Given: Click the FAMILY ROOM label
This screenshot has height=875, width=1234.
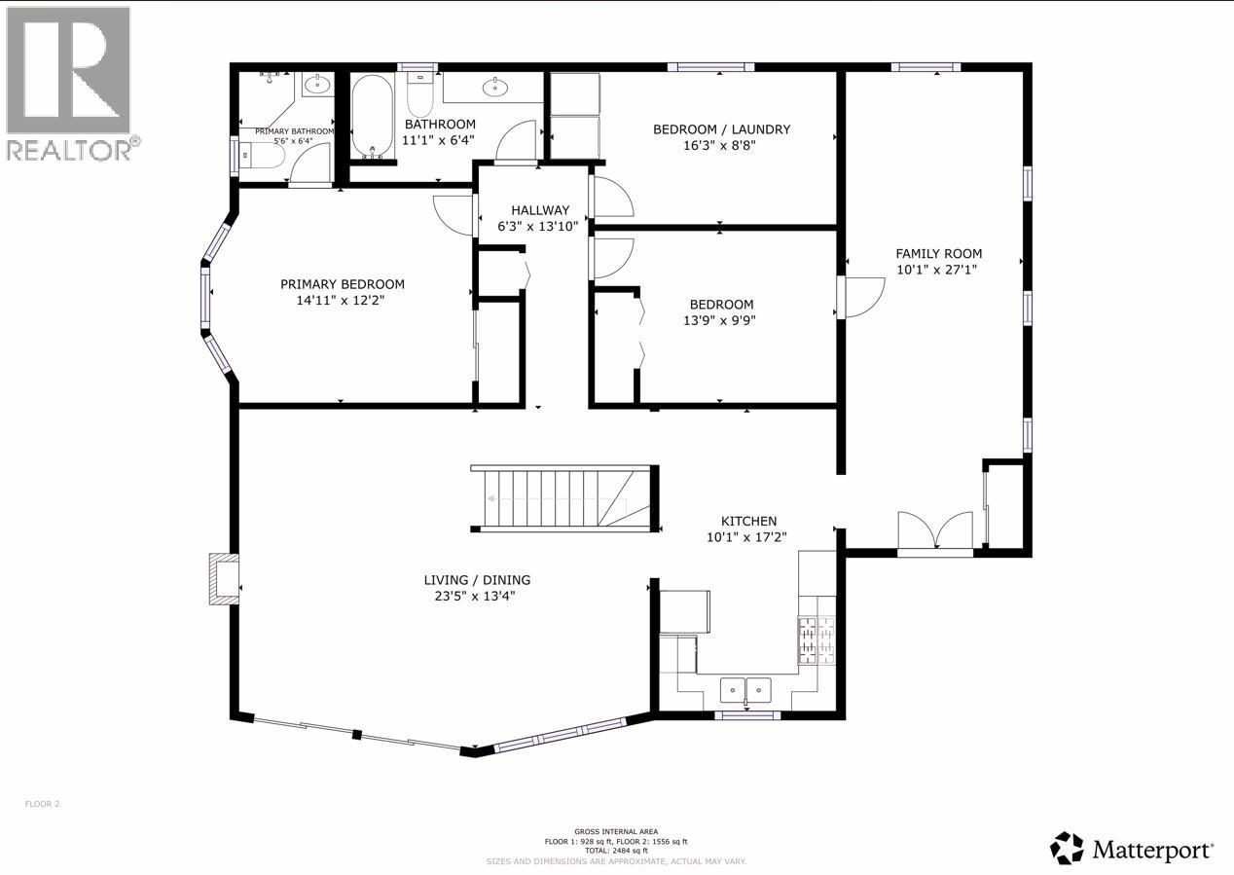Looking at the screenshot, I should tap(938, 254).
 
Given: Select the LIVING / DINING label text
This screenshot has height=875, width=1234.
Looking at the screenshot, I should tap(477, 580).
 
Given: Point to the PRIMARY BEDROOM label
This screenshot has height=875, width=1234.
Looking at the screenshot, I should tap(342, 284).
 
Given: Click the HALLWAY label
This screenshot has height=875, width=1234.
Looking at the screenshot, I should tap(539, 210).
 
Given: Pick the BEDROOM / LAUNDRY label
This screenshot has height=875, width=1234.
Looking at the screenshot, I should tap(721, 129).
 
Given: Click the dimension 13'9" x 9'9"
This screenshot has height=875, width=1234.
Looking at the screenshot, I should tap(721, 319).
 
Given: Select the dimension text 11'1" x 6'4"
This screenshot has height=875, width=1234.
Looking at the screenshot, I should tap(440, 140).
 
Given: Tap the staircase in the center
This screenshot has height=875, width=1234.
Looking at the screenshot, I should tap(560, 499).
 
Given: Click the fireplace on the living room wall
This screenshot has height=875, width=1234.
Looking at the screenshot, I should tap(224, 579).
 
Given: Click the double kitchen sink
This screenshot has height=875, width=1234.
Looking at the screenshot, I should tap(744, 690).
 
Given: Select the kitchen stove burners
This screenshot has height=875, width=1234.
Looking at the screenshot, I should tap(817, 639).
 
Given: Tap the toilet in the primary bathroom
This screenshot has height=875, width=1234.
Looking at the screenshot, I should tap(258, 156).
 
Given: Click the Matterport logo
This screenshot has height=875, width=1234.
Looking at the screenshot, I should tap(1133, 849).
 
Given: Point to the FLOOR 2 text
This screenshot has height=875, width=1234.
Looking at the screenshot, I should tap(43, 804).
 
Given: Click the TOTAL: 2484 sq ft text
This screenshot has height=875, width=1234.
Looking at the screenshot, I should tap(615, 851).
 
